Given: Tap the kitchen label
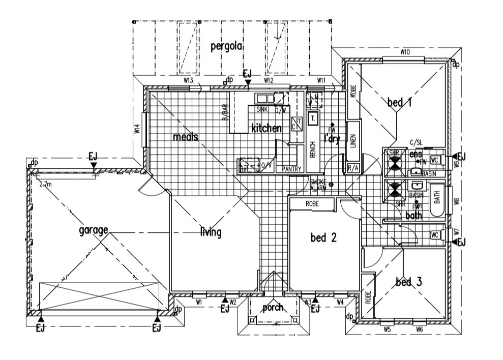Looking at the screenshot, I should click(266, 128).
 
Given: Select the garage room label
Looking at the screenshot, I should click(94, 230).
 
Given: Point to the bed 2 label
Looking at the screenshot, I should click(324, 237).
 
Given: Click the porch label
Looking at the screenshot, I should click(273, 308).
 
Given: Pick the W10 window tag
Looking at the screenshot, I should click(405, 52).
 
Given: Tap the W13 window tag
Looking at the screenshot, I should click(189, 80).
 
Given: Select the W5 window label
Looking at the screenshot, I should click(387, 329).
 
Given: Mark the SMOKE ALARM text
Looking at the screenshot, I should click(318, 185).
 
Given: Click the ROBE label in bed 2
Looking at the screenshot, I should click(312, 203).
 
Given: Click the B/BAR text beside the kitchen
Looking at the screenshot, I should click(224, 112).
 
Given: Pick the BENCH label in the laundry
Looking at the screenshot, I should click(313, 150).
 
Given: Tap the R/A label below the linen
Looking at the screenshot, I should click(352, 168).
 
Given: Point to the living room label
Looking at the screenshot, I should click(211, 233).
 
